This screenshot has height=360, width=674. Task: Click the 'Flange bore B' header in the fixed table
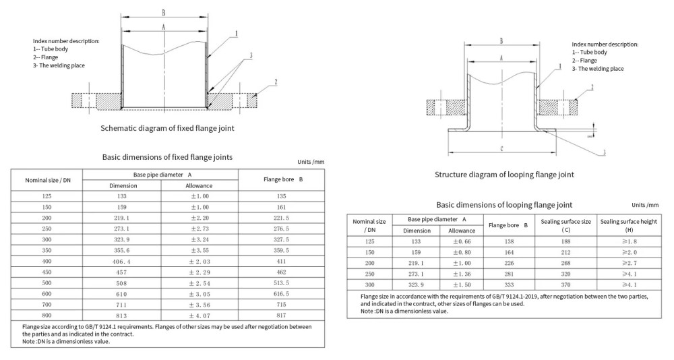click(282, 180)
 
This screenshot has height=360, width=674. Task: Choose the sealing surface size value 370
click(565, 286)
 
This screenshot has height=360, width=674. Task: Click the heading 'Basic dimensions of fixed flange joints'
click(167, 157)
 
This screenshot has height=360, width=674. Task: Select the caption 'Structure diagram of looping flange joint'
click(505, 175)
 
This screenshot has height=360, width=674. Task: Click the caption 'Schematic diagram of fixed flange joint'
click(167, 127)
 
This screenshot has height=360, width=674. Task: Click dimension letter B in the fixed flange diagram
click(164, 11)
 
